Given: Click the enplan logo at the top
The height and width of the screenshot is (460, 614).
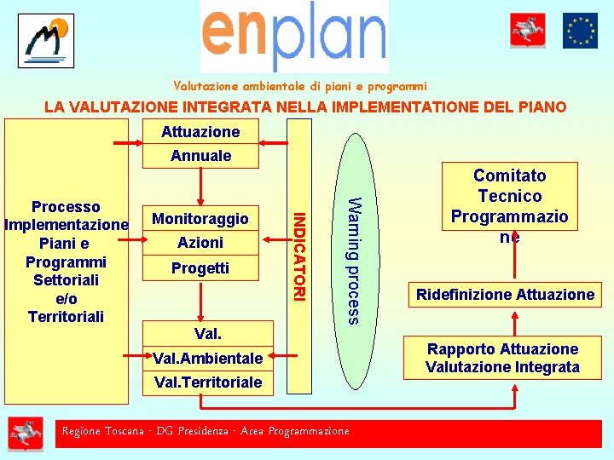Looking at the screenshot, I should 294,36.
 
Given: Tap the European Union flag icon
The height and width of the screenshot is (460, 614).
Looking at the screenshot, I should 580,31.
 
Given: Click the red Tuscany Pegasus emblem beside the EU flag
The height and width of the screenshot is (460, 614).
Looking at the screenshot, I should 528,31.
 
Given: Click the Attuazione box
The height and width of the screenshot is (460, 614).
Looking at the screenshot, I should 200,132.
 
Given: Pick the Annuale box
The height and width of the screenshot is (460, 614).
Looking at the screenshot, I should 200,156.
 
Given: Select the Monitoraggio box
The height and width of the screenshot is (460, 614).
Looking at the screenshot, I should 200,219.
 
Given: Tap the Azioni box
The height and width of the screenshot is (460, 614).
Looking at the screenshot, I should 200,243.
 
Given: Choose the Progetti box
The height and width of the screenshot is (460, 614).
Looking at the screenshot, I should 200,268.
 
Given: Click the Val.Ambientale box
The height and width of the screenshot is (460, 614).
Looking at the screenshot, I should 207,359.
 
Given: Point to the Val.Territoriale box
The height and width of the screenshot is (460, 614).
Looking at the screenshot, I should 207,382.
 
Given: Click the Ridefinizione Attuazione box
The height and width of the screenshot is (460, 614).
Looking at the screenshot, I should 505,295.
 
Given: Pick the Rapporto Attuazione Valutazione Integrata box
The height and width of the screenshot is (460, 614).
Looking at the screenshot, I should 502,359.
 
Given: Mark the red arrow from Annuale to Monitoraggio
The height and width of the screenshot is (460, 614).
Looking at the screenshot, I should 200,184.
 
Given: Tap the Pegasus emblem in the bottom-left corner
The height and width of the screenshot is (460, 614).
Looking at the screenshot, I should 26,434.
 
